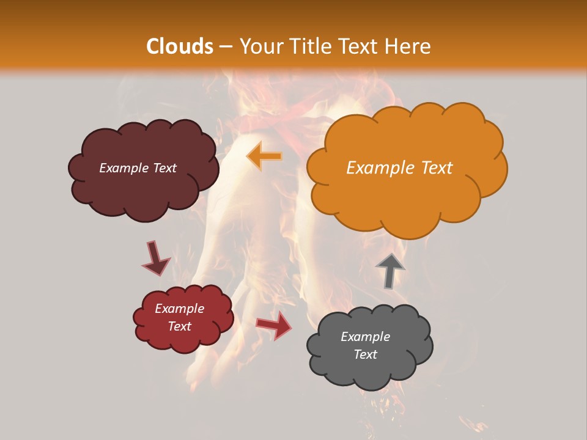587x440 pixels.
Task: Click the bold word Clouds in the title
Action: tap(180, 46)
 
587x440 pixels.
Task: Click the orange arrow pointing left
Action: tap(264, 156)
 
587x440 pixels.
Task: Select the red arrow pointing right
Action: tap(275, 324)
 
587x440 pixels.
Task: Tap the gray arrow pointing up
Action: tap(389, 269)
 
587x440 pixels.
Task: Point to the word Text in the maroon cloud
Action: tap(164, 168)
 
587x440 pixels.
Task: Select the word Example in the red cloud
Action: tap(179, 309)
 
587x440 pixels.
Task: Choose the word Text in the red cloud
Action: tap(179, 326)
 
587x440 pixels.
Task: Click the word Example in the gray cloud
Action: tap(365, 337)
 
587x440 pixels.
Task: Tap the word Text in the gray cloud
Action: tap(365, 354)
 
